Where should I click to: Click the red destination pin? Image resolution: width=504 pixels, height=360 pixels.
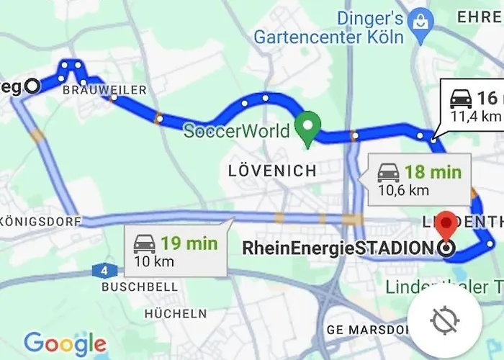point(446,225)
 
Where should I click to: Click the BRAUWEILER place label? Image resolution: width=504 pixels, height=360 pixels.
point(104,90)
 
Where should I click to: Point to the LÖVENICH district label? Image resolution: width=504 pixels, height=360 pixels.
point(271,171)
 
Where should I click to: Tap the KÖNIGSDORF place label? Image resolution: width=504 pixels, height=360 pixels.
point(40,222)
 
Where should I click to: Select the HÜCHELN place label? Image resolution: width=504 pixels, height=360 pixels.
point(175,314)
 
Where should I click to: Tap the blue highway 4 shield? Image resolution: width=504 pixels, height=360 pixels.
point(105,271)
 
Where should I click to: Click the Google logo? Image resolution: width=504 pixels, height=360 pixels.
point(65,343)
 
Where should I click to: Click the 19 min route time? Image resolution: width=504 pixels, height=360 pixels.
point(189,243)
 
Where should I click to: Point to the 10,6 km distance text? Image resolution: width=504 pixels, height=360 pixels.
point(404,190)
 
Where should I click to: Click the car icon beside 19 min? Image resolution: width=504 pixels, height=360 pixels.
point(144,243)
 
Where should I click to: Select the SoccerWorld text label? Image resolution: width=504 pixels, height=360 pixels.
point(236,131)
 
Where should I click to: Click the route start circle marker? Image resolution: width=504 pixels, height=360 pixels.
point(32,86)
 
